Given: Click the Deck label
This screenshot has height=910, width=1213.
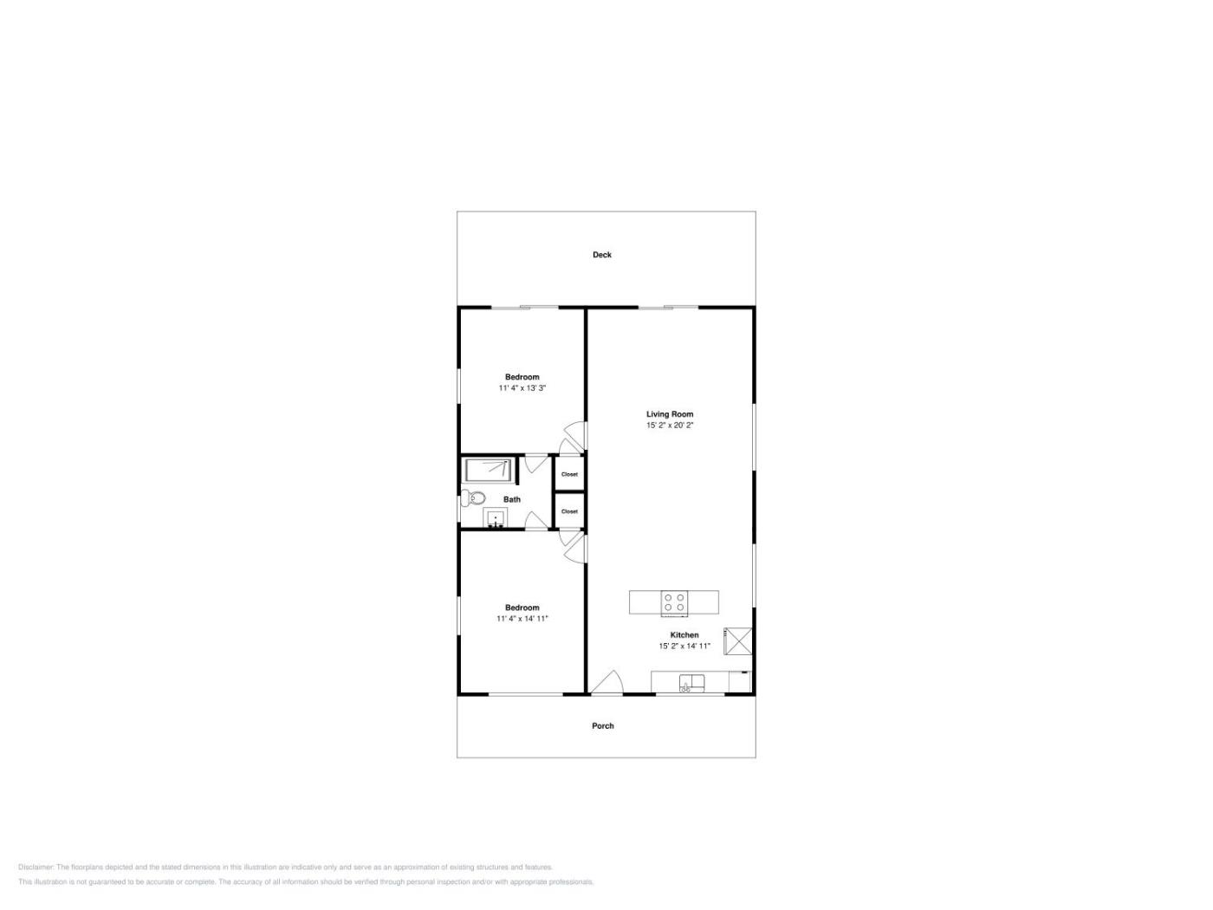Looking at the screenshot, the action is [602, 255].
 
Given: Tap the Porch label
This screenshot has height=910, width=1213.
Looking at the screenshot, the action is [602, 726].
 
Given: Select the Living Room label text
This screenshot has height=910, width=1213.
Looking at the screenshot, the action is [670, 414].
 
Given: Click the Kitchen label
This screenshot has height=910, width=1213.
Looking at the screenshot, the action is [684, 635].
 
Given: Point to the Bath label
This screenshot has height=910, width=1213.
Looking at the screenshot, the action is [512, 499].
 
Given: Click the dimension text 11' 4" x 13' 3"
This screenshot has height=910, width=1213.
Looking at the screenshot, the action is [522, 388].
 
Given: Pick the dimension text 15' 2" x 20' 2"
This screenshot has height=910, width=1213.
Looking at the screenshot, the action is [670, 425].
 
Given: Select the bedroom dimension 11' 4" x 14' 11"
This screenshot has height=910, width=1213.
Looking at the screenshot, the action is [522, 618].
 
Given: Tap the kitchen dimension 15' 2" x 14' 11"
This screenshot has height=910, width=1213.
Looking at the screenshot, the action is [684, 646].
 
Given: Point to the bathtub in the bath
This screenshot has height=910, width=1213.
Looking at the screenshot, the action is [488, 471].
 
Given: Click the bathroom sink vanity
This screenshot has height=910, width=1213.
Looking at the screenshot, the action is [495, 518].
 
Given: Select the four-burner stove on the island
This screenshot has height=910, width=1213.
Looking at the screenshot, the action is [674, 602].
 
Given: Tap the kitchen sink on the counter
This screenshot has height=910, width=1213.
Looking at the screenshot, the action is [692, 683].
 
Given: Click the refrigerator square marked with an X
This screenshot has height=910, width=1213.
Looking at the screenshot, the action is [737, 641].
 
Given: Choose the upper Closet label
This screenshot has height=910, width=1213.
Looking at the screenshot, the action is [569, 474].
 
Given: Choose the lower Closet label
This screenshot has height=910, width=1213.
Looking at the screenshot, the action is [569, 511].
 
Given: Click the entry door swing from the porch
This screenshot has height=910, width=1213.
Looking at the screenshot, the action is [607, 683].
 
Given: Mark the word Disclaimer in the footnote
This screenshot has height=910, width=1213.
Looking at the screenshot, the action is [36, 867].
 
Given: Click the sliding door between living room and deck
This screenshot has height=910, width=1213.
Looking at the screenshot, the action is [668, 307].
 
